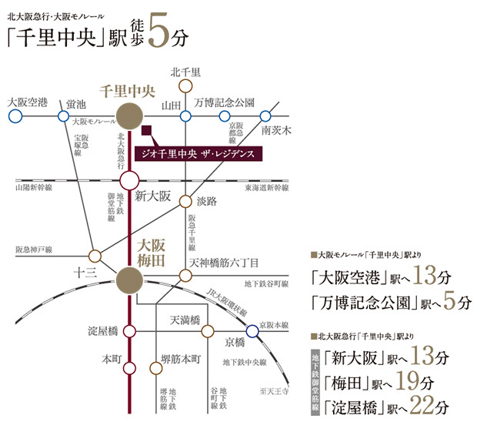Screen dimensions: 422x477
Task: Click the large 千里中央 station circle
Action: (129, 116)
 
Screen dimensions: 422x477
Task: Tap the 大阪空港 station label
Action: (27, 102)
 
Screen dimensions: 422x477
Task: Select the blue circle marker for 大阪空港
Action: (14, 116)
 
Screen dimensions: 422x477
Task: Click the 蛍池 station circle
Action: (64, 116)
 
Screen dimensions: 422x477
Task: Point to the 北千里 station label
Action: (185, 72)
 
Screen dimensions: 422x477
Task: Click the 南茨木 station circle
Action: (267, 116)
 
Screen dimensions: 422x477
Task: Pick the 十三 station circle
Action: (95, 255)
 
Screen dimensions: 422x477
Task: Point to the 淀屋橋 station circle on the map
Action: (129, 331)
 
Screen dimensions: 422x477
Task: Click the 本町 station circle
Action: (129, 359)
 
